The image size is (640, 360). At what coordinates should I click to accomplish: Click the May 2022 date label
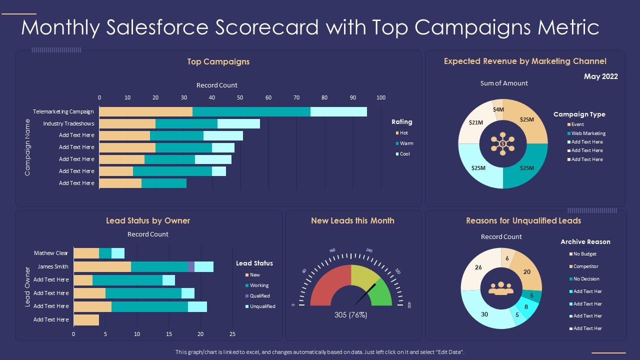click(600, 76)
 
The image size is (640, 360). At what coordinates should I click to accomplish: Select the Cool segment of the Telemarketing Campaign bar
click(338, 111)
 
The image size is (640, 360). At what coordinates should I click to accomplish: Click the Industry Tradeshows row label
click(68, 123)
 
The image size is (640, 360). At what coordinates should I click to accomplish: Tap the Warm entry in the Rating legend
click(406, 143)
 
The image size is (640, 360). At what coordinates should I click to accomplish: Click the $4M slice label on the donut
click(498, 109)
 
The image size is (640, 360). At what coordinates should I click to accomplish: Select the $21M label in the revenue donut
click(475, 122)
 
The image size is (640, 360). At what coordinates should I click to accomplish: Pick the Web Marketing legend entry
click(588, 133)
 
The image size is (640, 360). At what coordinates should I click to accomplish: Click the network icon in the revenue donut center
click(502, 143)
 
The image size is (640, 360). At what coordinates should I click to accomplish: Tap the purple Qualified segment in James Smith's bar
click(191, 266)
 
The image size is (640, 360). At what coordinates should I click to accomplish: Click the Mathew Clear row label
click(51, 253)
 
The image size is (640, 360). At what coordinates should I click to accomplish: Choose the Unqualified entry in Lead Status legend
click(262, 306)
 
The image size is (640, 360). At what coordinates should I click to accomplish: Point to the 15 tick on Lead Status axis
click(168, 334)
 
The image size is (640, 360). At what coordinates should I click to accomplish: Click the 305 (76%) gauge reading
click(350, 315)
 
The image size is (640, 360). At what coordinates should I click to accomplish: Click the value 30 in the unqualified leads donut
click(484, 314)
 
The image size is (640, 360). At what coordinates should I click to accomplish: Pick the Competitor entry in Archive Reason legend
click(585, 266)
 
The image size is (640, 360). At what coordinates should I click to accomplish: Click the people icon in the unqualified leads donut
click(501, 288)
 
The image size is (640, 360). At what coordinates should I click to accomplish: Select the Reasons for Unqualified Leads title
click(523, 220)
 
